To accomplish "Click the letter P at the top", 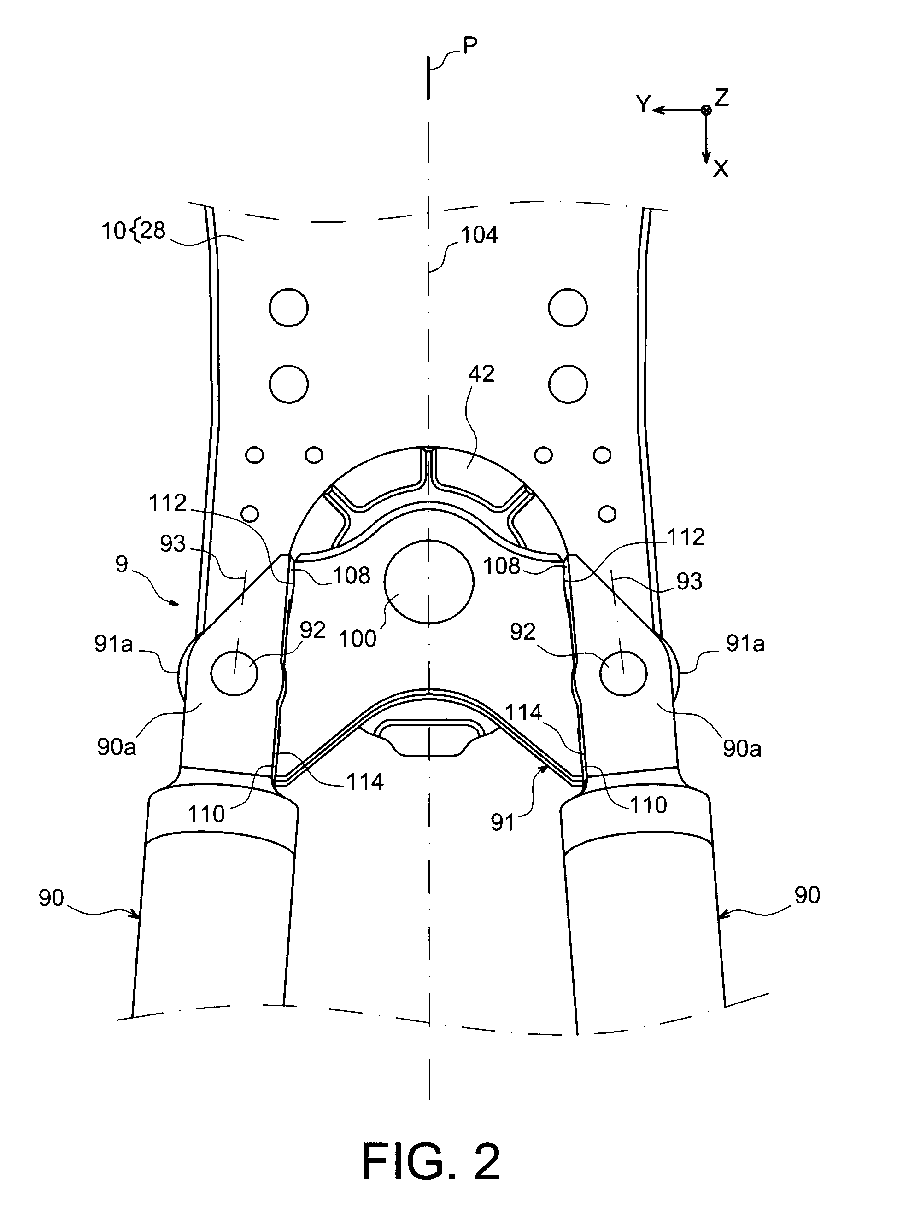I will pyautogui.click(x=469, y=46).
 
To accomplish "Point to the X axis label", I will pyautogui.click(x=721, y=169).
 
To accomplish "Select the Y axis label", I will pyautogui.click(x=644, y=104).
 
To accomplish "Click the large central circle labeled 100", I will pyautogui.click(x=428, y=582).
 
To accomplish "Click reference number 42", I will pyautogui.click(x=481, y=374).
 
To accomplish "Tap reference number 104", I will pyautogui.click(x=479, y=235).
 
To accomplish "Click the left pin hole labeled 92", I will pyautogui.click(x=235, y=673).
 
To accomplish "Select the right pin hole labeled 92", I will pyautogui.click(x=623, y=673).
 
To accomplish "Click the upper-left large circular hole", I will pyautogui.click(x=288, y=308).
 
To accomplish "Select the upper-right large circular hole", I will pyautogui.click(x=568, y=308).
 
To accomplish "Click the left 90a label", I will pyautogui.click(x=116, y=747).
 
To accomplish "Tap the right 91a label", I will pyautogui.click(x=745, y=644).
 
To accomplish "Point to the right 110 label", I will pyautogui.click(x=648, y=805).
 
